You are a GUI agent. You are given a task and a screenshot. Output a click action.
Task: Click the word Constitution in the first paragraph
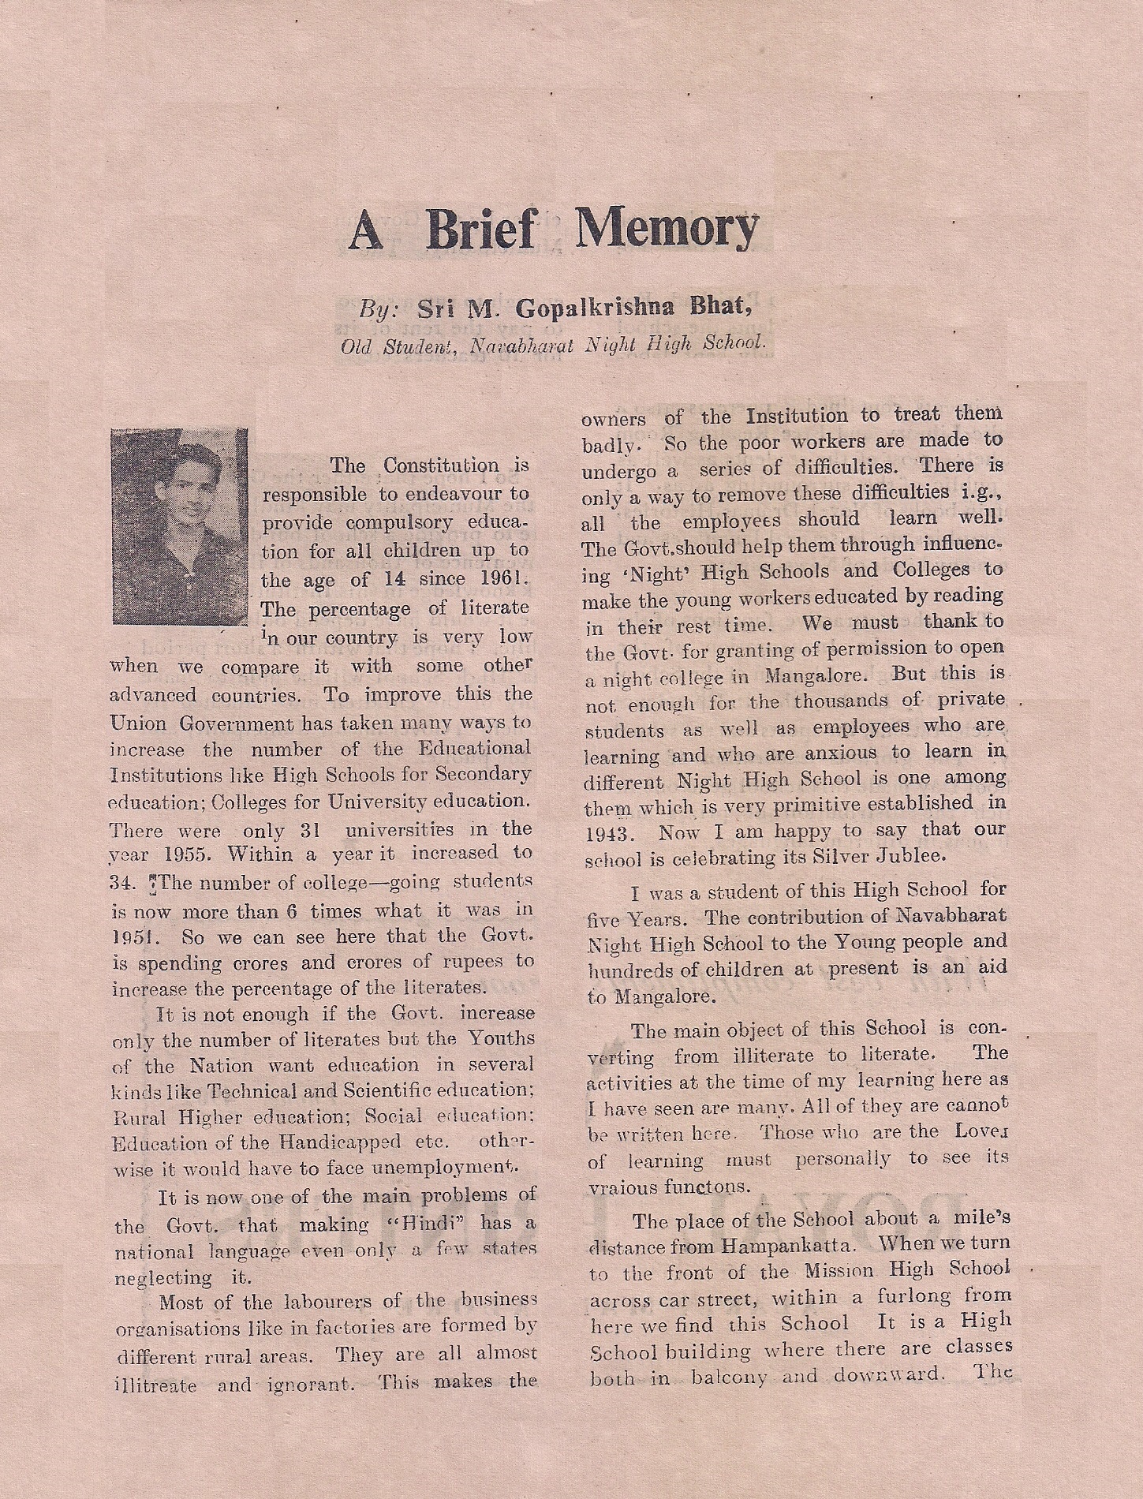tap(441, 465)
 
